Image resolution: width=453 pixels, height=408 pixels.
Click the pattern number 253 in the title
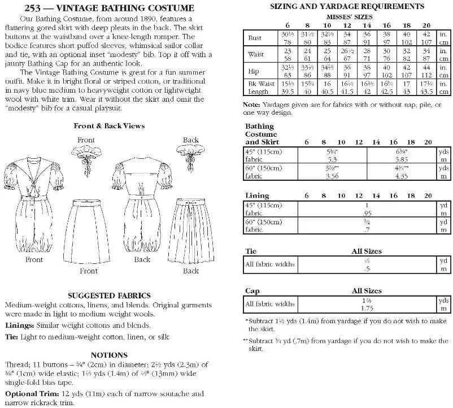29,8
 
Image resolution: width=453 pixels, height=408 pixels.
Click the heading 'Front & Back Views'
109,125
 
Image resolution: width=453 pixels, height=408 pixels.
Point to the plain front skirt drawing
89,229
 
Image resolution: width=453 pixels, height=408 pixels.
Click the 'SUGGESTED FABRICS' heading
109,295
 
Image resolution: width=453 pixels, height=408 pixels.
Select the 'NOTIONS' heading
109,355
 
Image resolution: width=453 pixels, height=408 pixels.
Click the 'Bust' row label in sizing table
255,38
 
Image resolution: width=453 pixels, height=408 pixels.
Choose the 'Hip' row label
254,72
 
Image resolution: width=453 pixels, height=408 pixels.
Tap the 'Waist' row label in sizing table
256,55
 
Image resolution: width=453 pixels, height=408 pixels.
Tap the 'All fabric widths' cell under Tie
271,264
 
